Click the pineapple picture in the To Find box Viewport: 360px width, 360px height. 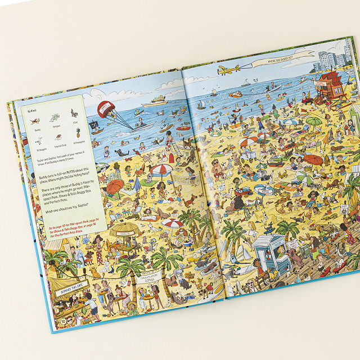click(78, 134)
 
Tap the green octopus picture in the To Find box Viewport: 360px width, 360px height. click(54, 118)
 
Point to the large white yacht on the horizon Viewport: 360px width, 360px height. click(155, 102)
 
